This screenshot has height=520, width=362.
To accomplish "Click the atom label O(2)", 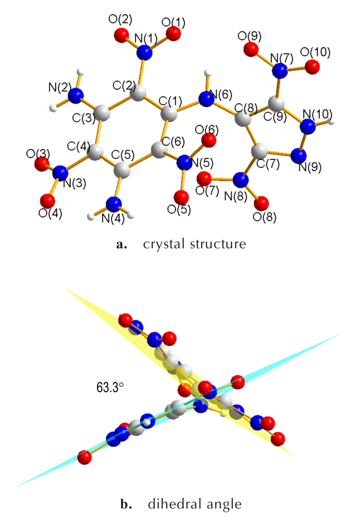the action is coord(120,19).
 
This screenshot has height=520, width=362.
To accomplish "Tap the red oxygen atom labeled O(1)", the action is coord(173,34).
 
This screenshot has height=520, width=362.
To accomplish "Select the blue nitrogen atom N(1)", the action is coord(144,53).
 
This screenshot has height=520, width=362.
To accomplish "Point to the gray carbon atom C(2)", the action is coord(138,93).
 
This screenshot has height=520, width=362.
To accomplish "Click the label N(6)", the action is coord(220,95).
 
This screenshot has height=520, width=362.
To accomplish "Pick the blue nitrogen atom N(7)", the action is coord(280,70).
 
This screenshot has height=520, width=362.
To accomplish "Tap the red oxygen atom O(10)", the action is coord(312,67).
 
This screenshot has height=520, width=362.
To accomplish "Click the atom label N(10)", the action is coord(317,114).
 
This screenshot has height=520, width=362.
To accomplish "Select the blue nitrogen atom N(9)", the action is coord(299,156).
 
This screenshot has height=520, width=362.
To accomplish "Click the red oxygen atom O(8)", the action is coord(261,203).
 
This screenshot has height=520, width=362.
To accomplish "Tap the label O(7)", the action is coord(207,191).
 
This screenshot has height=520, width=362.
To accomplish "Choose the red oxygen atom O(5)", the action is coord(181,198).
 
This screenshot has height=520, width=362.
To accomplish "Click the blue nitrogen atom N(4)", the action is coord(114,204).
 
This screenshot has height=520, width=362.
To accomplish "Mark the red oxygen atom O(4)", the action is coord(47,201).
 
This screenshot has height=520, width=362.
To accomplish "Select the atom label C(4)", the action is coord(79,147).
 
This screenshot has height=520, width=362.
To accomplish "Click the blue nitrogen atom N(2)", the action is coord(76,95).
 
